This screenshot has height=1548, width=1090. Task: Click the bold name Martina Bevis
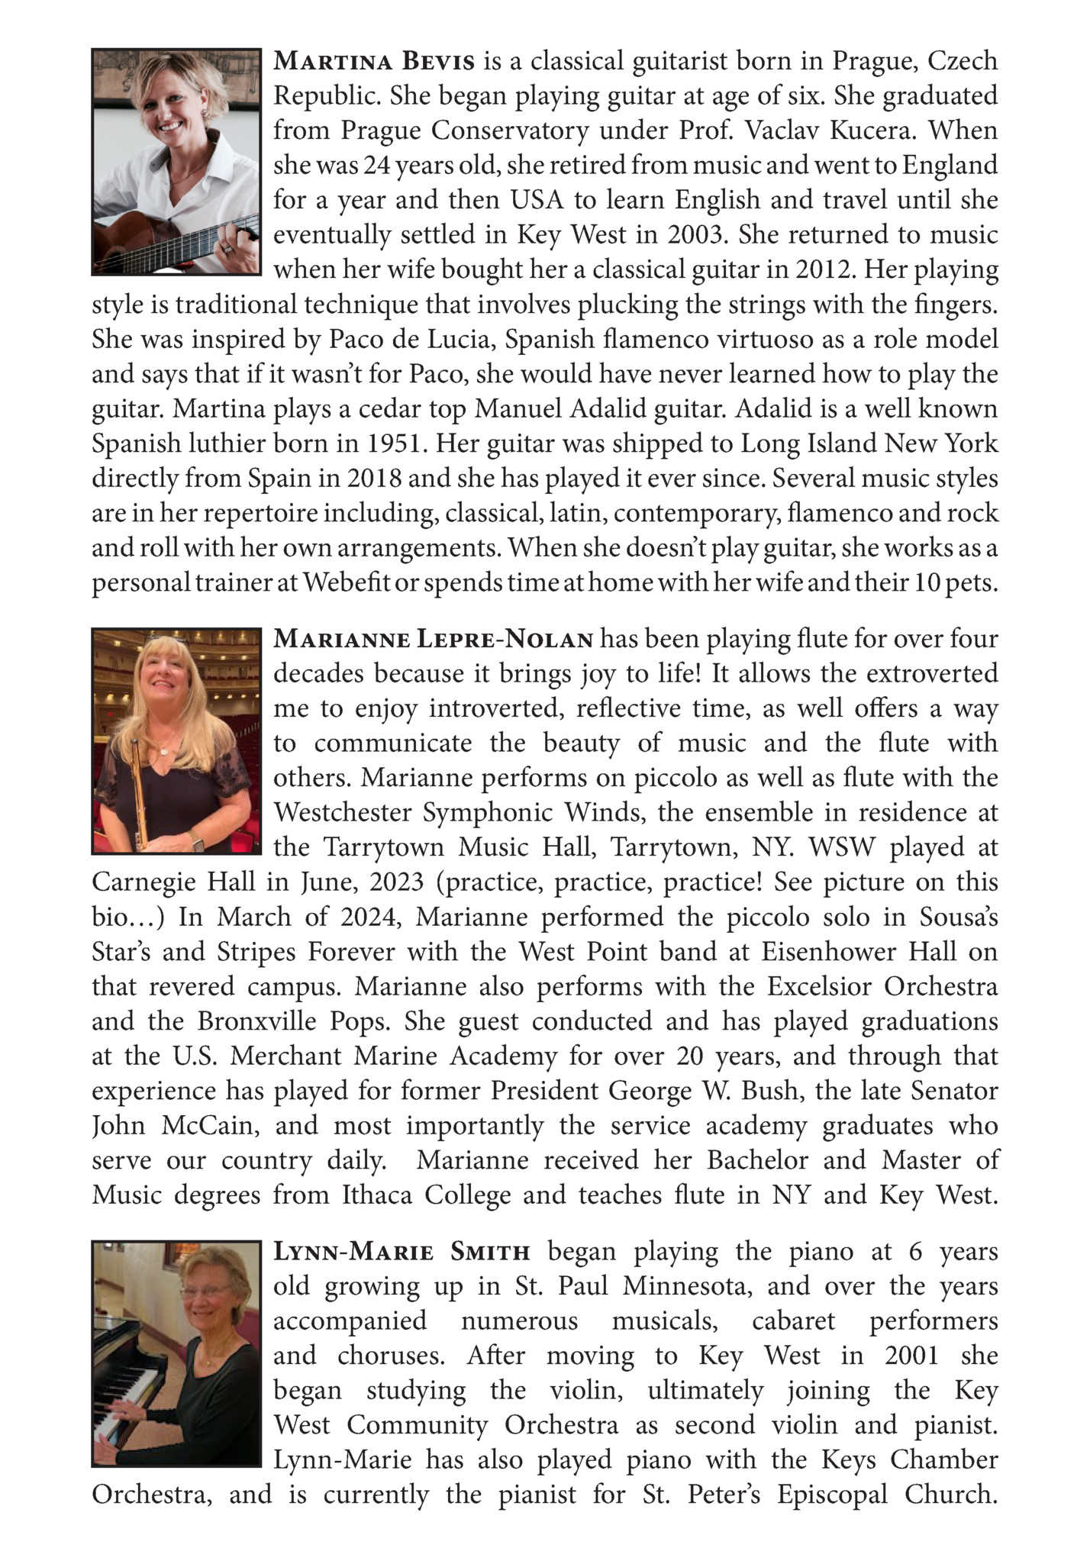(374, 60)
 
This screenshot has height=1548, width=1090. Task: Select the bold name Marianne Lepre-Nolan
(433, 639)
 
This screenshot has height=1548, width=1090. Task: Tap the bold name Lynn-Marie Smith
(401, 1252)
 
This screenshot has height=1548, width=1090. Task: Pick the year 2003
(694, 234)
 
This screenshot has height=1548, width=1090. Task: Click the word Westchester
(343, 812)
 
